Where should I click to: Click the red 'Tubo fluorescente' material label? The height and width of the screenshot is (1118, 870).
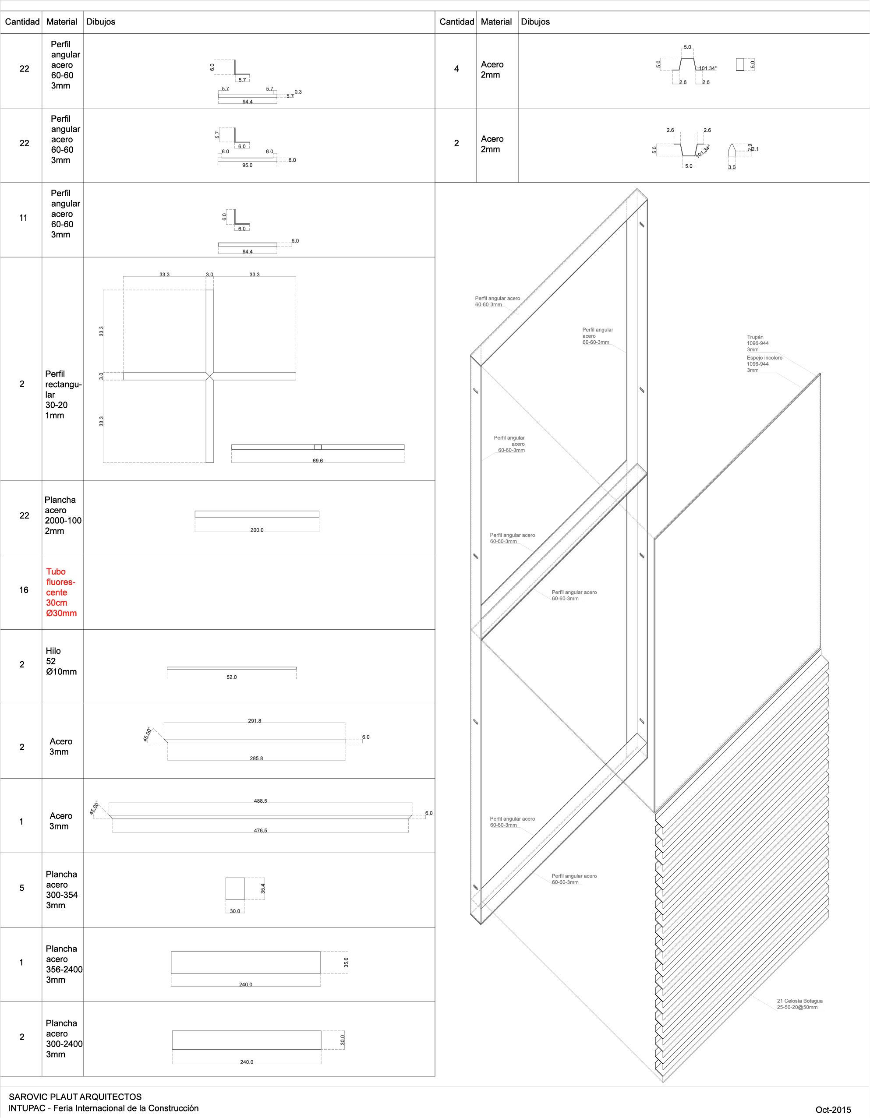coord(61,592)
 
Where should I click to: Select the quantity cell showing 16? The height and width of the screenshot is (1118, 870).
coord(24,590)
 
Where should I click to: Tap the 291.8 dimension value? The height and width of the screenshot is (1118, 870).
coord(255,721)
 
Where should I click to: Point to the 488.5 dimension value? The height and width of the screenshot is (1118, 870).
coord(261,801)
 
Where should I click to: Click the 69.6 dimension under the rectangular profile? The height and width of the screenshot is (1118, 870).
coord(318,461)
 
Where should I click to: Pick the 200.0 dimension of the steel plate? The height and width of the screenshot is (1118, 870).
coord(257,530)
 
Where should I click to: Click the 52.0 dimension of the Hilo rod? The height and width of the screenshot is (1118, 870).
coord(231,677)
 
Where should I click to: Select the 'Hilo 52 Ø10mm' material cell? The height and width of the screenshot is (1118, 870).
coord(61,661)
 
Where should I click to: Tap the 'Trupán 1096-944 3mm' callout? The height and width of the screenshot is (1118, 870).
coord(757,343)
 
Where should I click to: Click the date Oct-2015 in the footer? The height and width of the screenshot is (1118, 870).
coord(833,1110)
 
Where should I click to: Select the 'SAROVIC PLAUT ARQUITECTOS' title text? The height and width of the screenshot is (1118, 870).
coord(75,1097)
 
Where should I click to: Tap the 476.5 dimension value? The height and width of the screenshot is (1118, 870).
coord(261,831)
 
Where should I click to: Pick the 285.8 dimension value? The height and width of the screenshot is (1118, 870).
coord(257,758)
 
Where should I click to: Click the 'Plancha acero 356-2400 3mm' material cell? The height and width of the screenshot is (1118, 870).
coord(64,964)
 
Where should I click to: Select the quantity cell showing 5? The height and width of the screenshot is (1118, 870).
coord(21,888)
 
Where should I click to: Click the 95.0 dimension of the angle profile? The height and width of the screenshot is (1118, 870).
coord(248,166)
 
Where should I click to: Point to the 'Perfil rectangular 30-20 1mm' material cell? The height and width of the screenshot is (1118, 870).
coord(63,394)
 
